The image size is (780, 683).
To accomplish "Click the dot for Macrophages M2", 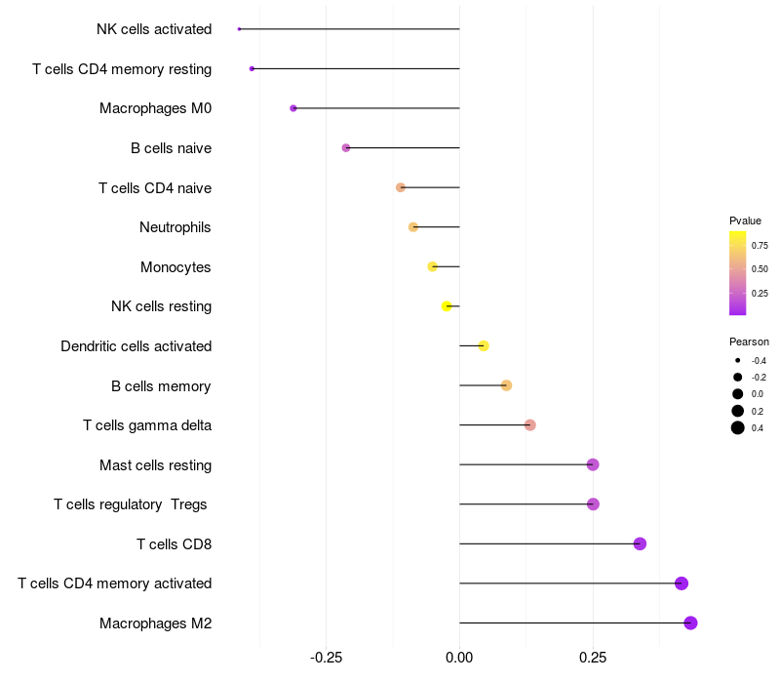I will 690,623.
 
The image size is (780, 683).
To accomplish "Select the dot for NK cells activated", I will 239,29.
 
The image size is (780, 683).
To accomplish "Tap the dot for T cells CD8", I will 640,543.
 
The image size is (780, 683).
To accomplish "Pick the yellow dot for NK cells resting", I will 448,306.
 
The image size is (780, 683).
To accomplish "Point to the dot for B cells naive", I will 346,148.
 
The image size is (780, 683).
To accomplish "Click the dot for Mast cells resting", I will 593,464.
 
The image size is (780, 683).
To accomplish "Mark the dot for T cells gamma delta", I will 529,424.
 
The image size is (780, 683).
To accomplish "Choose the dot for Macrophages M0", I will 293,108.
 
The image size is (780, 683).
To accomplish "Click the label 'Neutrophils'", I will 175,227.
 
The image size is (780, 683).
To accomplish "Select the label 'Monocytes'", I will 175,267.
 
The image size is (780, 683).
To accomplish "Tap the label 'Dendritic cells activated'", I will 136,346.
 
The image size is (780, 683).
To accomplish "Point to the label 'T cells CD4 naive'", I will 155,187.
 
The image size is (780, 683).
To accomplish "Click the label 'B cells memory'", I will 161,386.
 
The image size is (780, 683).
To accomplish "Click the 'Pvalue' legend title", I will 745,221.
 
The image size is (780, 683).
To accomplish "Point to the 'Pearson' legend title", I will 749,341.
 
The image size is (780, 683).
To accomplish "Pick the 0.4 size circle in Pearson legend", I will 738,427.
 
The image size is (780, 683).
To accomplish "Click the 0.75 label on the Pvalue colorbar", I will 760,246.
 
